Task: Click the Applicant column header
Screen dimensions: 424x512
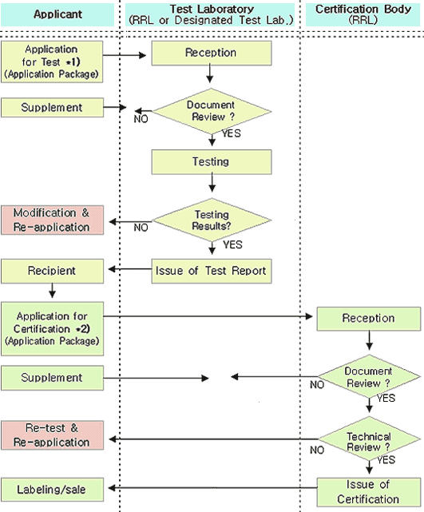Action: click(x=57, y=14)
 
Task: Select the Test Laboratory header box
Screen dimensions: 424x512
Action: click(x=210, y=14)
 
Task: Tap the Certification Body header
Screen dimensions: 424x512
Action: click(x=363, y=14)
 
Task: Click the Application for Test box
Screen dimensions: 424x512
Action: click(x=52, y=62)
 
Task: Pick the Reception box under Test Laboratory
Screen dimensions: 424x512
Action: click(x=212, y=53)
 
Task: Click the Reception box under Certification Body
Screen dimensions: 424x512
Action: click(x=369, y=319)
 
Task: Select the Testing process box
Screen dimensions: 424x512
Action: click(x=212, y=162)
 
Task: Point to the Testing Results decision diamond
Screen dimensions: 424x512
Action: click(x=212, y=220)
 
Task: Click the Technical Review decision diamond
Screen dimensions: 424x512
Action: click(x=369, y=439)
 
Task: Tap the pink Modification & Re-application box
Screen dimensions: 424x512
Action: click(x=52, y=220)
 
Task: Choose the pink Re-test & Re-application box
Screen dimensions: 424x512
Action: click(x=52, y=435)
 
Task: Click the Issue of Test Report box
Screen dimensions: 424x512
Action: click(x=212, y=271)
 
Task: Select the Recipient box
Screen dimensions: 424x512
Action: click(x=52, y=271)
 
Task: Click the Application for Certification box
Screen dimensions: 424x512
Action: click(x=52, y=329)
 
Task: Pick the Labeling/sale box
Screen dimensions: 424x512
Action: click(x=52, y=490)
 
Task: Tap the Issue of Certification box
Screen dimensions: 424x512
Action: click(x=369, y=492)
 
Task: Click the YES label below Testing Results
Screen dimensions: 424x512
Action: click(x=232, y=244)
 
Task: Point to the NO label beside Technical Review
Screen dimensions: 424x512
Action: click(x=317, y=450)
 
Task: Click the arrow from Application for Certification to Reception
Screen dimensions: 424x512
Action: click(x=208, y=316)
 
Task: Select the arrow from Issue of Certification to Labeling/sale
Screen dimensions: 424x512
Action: click(x=213, y=488)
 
